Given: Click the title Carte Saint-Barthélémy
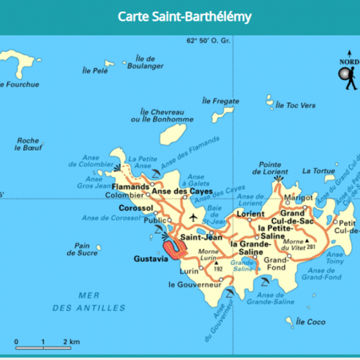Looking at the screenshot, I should [x=180, y=17].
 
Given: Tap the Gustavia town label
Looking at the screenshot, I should [x=150, y=257].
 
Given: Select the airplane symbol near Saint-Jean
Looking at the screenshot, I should [x=192, y=217].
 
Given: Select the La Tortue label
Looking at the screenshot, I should [x=318, y=171].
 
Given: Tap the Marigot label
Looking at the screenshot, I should [x=299, y=197].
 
